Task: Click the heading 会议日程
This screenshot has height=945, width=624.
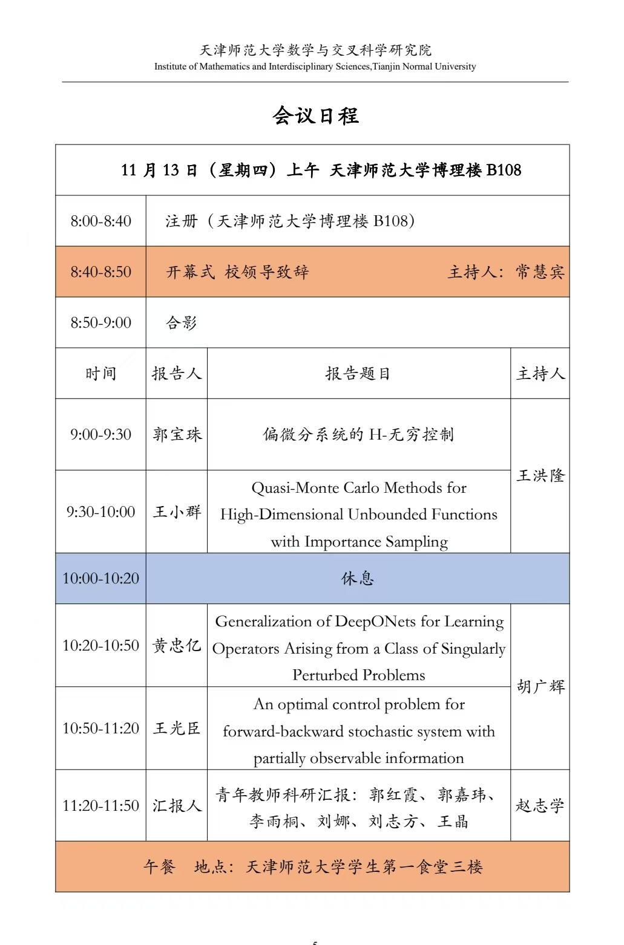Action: click(315, 115)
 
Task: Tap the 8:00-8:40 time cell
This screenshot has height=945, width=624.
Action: click(100, 221)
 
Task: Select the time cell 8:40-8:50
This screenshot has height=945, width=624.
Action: click(100, 272)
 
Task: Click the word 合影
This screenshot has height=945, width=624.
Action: click(182, 323)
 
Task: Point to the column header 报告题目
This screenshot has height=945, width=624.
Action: click(358, 374)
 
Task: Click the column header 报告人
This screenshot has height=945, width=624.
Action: click(176, 374)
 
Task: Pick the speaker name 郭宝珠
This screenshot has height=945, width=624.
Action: click(177, 435)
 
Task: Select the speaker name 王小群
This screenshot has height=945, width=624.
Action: click(177, 512)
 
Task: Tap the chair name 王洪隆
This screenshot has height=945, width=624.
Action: click(540, 476)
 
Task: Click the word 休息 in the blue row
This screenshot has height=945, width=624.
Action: click(358, 579)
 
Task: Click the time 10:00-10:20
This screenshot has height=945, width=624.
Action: click(100, 579)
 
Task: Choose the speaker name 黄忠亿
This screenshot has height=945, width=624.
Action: click(177, 646)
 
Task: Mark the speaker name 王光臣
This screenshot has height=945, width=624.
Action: click(177, 729)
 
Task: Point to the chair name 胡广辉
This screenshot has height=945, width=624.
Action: click(540, 687)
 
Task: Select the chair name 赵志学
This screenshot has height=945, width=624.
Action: click(540, 806)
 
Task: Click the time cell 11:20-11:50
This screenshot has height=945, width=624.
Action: click(100, 806)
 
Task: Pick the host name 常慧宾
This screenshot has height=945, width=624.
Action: click(540, 272)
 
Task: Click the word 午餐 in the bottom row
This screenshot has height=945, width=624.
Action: click(159, 867)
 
